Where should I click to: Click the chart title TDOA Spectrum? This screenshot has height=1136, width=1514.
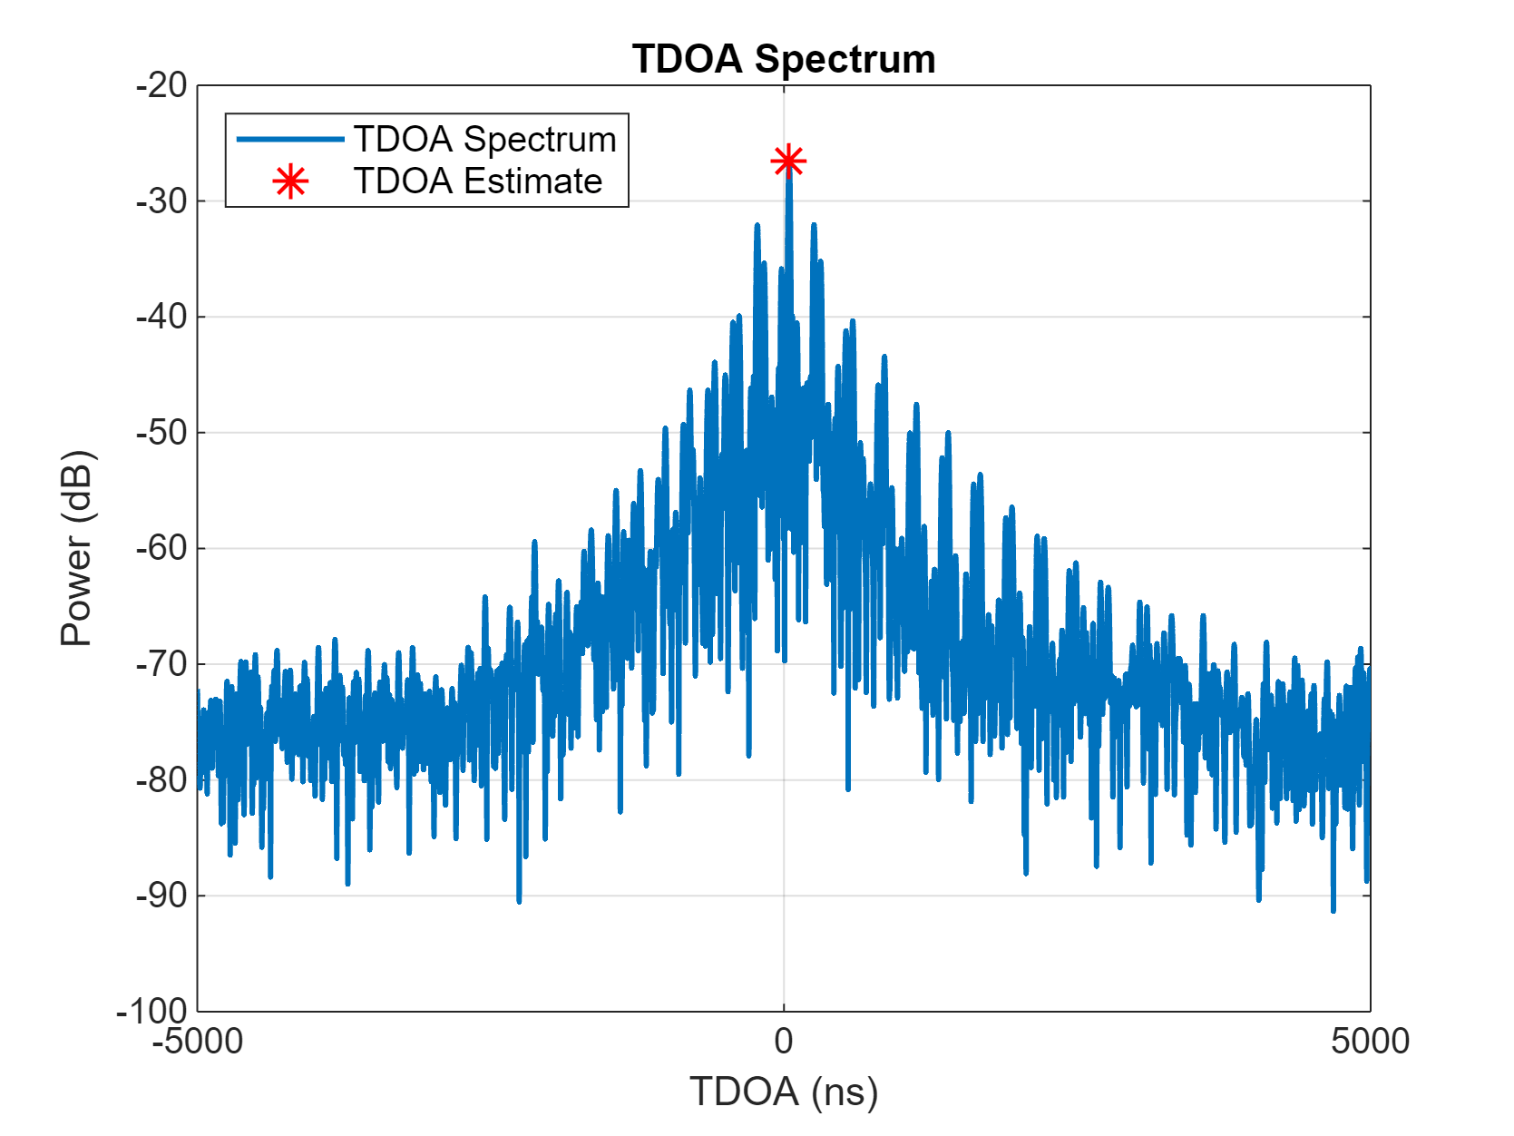point(784,60)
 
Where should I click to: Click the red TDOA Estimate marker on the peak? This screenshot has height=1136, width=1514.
point(788,162)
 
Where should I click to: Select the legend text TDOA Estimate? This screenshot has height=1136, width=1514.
point(478,181)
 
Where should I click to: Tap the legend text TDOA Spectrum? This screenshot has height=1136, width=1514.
point(485,140)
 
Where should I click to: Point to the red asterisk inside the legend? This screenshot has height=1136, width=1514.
point(290,182)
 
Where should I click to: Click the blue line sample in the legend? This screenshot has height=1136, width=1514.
point(290,140)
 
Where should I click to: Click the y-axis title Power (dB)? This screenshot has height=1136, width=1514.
point(77,548)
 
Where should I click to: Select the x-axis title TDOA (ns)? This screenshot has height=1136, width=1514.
point(784,1092)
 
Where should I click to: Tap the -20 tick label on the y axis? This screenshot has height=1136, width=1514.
point(161,86)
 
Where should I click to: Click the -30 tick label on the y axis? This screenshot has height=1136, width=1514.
point(161,201)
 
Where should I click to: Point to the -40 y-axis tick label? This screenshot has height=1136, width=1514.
point(161,318)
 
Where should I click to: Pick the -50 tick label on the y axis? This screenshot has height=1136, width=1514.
point(161,433)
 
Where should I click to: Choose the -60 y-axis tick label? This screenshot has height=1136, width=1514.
point(161,548)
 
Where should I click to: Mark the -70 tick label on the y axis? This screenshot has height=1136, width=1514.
point(161,664)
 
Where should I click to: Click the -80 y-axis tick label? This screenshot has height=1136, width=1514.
point(161,779)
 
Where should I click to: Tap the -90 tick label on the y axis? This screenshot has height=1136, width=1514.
point(161,896)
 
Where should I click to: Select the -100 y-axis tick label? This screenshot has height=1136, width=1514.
point(152,1011)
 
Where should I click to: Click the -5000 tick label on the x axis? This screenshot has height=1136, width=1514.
point(198,1042)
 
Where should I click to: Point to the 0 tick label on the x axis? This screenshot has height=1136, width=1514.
point(784,1042)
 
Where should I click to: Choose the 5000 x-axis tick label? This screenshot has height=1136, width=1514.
point(1370,1042)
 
